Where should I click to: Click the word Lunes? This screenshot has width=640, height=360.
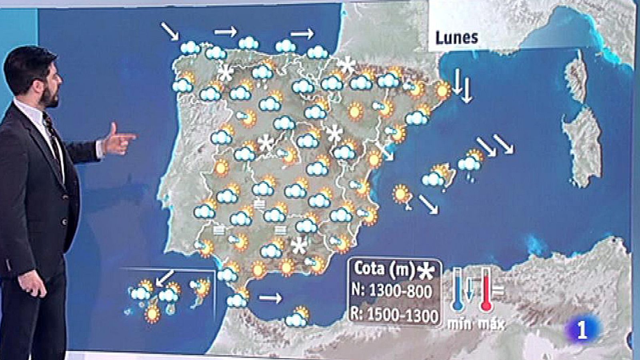click(456, 38)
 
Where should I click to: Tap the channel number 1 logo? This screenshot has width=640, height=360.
click(582, 330)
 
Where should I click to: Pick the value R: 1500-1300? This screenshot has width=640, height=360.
click(394, 315)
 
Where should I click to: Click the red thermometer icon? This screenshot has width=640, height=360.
click(486, 290)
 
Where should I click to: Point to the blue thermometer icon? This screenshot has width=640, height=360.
click(458, 290)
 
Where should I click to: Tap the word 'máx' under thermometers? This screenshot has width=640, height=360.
click(491, 323)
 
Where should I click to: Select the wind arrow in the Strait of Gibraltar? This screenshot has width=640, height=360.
click(270, 298)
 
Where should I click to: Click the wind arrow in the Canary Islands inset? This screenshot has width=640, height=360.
click(165, 277)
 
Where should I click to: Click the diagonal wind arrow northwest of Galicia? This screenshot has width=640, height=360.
click(170, 31)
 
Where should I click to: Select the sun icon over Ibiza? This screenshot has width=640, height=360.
click(401, 194)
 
